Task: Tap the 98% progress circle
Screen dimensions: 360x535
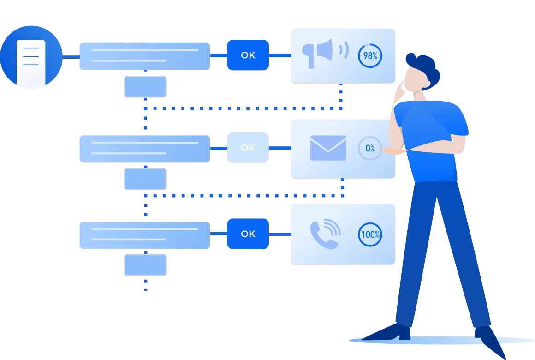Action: pyautogui.click(x=370, y=56)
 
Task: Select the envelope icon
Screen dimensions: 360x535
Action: pyautogui.click(x=328, y=148)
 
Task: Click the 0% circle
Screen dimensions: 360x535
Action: pyautogui.click(x=370, y=148)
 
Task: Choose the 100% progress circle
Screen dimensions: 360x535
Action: pyautogui.click(x=370, y=234)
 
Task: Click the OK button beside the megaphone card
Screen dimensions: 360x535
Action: pyautogui.click(x=248, y=55)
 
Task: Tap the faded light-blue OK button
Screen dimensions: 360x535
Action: pyautogui.click(x=248, y=148)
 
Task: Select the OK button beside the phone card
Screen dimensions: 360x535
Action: pyautogui.click(x=248, y=234)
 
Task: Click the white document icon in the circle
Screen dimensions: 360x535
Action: pyautogui.click(x=31, y=63)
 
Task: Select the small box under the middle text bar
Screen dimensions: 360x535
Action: pyautogui.click(x=145, y=180)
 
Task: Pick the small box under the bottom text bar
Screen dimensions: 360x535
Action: pyautogui.click(x=144, y=265)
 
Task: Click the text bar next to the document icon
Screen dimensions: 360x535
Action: pyautogui.click(x=144, y=55)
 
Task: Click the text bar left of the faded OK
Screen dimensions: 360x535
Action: pyautogui.click(x=144, y=148)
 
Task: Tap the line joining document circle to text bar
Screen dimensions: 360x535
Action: pyautogui.click(x=70, y=57)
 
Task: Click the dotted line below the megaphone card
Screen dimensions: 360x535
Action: pyautogui.click(x=340, y=97)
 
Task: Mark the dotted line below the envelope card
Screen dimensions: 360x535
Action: pyautogui.click(x=342, y=187)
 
